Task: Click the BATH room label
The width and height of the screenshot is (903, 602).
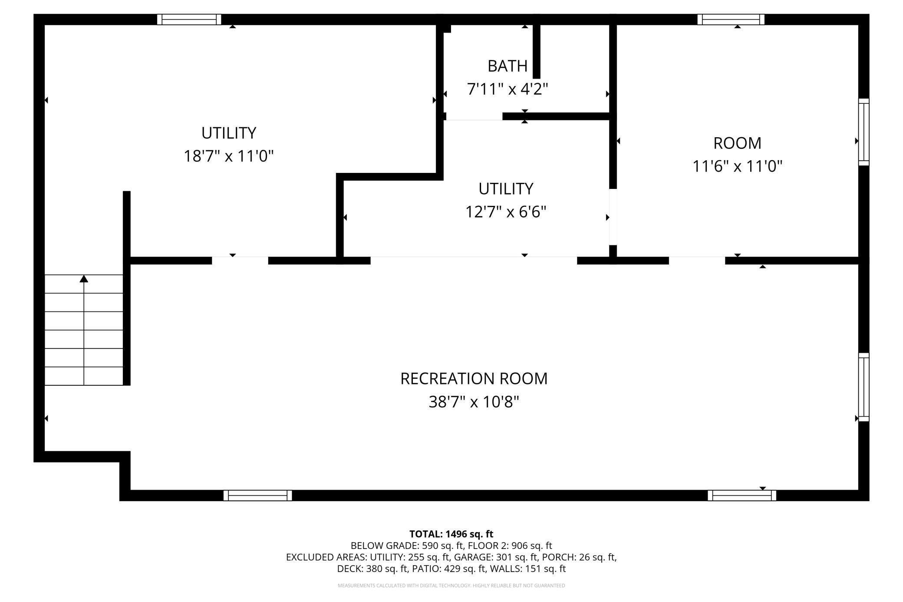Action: coord(507,66)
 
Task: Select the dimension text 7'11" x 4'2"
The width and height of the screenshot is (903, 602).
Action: coord(507,89)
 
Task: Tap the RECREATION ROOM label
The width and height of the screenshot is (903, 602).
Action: coord(474,378)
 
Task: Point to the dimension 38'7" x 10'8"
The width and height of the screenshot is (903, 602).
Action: coord(474,402)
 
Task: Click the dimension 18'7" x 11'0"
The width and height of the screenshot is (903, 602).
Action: coord(229,155)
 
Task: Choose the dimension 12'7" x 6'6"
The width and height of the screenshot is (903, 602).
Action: coord(506,212)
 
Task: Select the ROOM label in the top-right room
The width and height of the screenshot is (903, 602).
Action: coord(737,143)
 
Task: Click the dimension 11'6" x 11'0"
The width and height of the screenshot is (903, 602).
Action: coord(737,166)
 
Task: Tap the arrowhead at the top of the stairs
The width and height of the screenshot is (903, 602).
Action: coord(84,278)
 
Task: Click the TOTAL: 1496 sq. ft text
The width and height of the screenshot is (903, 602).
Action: coord(451,534)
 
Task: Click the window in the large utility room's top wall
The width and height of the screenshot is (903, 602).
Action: coord(189,20)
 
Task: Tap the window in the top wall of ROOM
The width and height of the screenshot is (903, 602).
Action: coord(731,20)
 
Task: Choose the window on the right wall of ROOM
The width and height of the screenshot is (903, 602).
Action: coord(864,132)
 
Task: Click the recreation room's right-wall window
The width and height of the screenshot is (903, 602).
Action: coord(864,387)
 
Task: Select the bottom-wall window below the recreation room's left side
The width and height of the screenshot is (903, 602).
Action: coord(257,495)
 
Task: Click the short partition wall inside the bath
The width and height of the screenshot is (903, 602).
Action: coord(537,51)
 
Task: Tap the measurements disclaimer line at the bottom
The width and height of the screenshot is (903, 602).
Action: coord(451,585)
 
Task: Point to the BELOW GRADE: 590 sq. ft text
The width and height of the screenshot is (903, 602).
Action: coord(407,546)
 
